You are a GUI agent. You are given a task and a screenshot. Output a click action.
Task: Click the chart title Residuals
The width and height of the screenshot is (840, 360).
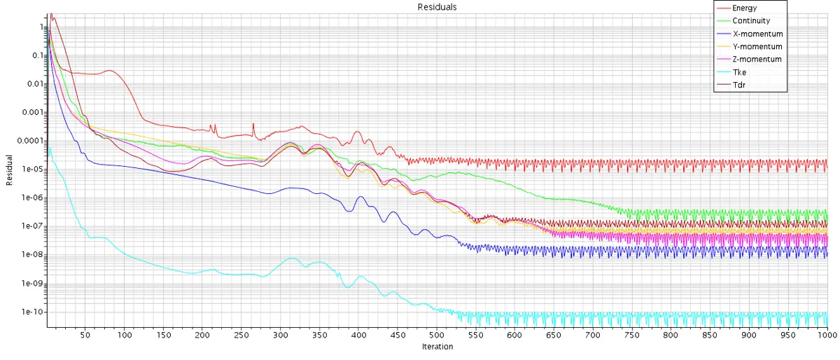coord(437,7)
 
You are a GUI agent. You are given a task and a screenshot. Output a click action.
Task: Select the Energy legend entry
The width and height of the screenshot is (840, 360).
coord(737,8)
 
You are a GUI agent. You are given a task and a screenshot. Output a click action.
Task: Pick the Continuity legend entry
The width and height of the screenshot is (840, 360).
coord(743,20)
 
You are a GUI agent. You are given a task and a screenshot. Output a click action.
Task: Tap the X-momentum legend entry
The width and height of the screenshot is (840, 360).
coord(750,34)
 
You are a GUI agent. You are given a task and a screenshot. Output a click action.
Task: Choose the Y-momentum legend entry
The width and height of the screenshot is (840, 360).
coord(749,46)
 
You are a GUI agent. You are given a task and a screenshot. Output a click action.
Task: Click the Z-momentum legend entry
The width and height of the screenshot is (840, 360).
coord(749,60)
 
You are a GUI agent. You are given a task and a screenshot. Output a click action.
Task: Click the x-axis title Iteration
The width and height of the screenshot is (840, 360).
coord(437,347)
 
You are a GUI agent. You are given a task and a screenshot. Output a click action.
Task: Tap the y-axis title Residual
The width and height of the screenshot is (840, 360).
coord(9,170)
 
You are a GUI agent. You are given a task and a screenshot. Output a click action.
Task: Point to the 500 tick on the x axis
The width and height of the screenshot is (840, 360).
coord(436,335)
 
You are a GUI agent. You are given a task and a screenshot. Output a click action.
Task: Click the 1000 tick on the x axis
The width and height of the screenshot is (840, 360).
coord(827,335)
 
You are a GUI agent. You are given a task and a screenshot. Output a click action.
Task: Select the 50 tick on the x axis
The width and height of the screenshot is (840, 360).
coord(85,335)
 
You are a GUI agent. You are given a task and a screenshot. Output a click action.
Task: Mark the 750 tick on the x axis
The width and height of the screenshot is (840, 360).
coord(631,335)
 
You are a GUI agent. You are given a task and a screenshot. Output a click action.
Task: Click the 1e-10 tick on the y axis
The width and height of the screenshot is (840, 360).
coord(32,312)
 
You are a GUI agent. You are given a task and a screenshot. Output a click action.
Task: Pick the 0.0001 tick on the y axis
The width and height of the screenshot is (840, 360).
coord(30,141)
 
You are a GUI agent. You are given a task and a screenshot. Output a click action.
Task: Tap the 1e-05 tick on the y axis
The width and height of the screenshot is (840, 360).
coord(33,169)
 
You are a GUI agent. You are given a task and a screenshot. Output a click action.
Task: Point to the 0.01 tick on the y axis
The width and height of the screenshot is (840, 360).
coord(35,84)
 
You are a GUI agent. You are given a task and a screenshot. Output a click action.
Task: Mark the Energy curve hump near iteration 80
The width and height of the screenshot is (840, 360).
coord(109,71)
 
